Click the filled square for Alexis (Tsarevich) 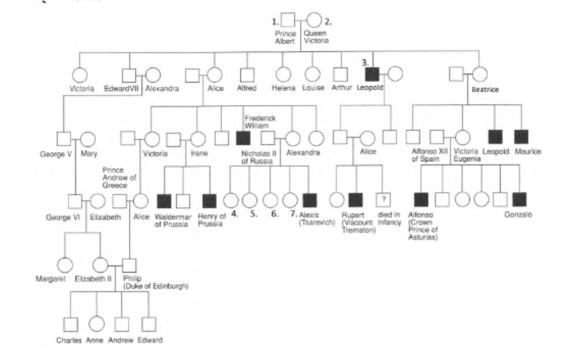(x=309, y=200)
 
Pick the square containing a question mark (x=384, y=200)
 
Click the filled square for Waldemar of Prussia (x=164, y=200)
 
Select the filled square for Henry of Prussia (x=210, y=200)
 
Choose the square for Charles (x=70, y=325)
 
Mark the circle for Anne (x=96, y=325)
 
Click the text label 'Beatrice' (x=485, y=90)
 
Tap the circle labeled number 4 (x=231, y=200)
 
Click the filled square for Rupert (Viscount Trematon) (x=355, y=200)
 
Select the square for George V (x=62, y=137)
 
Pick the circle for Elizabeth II (x=101, y=265)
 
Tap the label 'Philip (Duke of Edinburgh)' (x=155, y=282)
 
